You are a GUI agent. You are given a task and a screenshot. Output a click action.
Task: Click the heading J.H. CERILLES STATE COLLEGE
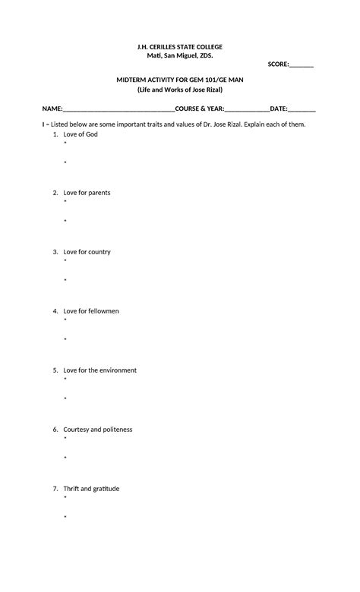point(180,47)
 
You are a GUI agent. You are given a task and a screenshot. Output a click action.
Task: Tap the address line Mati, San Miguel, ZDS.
point(180,56)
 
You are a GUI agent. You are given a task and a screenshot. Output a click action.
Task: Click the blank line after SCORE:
point(302,65)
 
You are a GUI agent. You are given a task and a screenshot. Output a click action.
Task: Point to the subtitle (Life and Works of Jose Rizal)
point(180,90)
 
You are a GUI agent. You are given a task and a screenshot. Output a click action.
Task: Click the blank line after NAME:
point(119,109)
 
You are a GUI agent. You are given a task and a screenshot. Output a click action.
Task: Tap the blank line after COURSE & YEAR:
point(247,109)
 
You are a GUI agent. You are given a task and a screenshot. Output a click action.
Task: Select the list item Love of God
point(81,134)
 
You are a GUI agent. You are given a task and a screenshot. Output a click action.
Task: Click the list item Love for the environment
point(99,370)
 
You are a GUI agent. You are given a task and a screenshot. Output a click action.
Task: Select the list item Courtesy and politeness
point(97,430)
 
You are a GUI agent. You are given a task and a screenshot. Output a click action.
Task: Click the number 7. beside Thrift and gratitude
point(55,489)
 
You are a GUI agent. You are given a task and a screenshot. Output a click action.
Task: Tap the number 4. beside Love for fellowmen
point(55,311)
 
